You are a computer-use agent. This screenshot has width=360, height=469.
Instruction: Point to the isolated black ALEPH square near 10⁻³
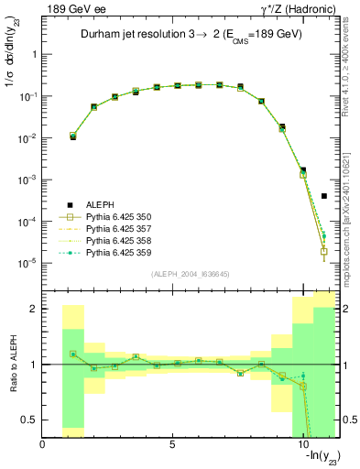coord(324,196)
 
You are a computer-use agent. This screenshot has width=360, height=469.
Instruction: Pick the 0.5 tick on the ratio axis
coord(30,420)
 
